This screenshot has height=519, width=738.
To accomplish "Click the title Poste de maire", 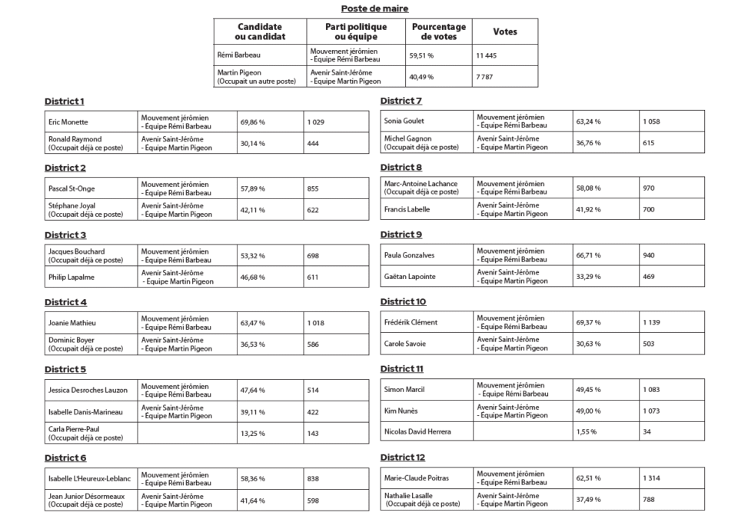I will pos(374,8).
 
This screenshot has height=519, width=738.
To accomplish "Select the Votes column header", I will pos(505,32).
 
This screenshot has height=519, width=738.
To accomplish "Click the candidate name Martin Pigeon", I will pos(240,72).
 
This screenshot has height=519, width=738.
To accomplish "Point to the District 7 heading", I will pos(401,101).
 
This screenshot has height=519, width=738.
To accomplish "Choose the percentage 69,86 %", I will pos(252,121).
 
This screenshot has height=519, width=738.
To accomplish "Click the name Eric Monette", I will pos(68,121).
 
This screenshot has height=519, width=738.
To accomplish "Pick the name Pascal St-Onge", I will pos(71,188).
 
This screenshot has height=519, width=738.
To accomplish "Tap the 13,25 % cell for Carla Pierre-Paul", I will pos(252,433).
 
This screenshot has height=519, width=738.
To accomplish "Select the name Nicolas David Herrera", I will pos(417,431).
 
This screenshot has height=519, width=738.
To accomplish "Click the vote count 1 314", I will pos(651,477).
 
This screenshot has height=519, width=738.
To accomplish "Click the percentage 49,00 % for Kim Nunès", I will pos(588,411).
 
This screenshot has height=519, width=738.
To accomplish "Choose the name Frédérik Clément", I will pos(411,322).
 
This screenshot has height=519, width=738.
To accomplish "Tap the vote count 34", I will pos(647,431).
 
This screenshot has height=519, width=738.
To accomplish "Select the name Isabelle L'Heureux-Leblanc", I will pos(89,478).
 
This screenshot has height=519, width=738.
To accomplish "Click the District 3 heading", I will pos(65,235).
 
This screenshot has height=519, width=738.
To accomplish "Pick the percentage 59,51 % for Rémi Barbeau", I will pos(421,55).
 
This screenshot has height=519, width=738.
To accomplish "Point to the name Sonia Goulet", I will pos(404,121).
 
